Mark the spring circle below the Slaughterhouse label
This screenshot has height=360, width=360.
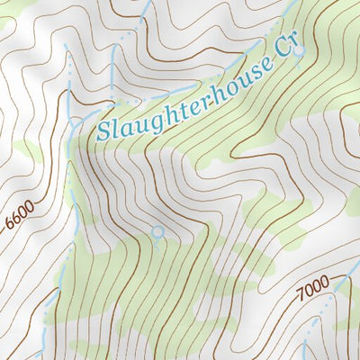pyautogui.click(x=158, y=233)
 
